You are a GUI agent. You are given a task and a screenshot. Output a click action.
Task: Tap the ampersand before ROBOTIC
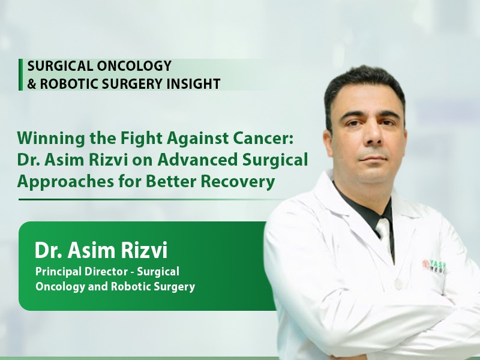click(32, 83)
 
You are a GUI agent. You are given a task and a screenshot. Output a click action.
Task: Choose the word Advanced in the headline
click(197, 160)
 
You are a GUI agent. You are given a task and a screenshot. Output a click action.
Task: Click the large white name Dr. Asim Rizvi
click(101, 250)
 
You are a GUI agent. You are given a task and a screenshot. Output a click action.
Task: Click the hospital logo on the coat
click(434, 266)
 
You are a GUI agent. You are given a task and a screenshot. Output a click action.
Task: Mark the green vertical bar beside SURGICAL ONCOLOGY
click(20, 74)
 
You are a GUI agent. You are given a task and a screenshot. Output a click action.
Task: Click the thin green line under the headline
click(152, 199)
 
